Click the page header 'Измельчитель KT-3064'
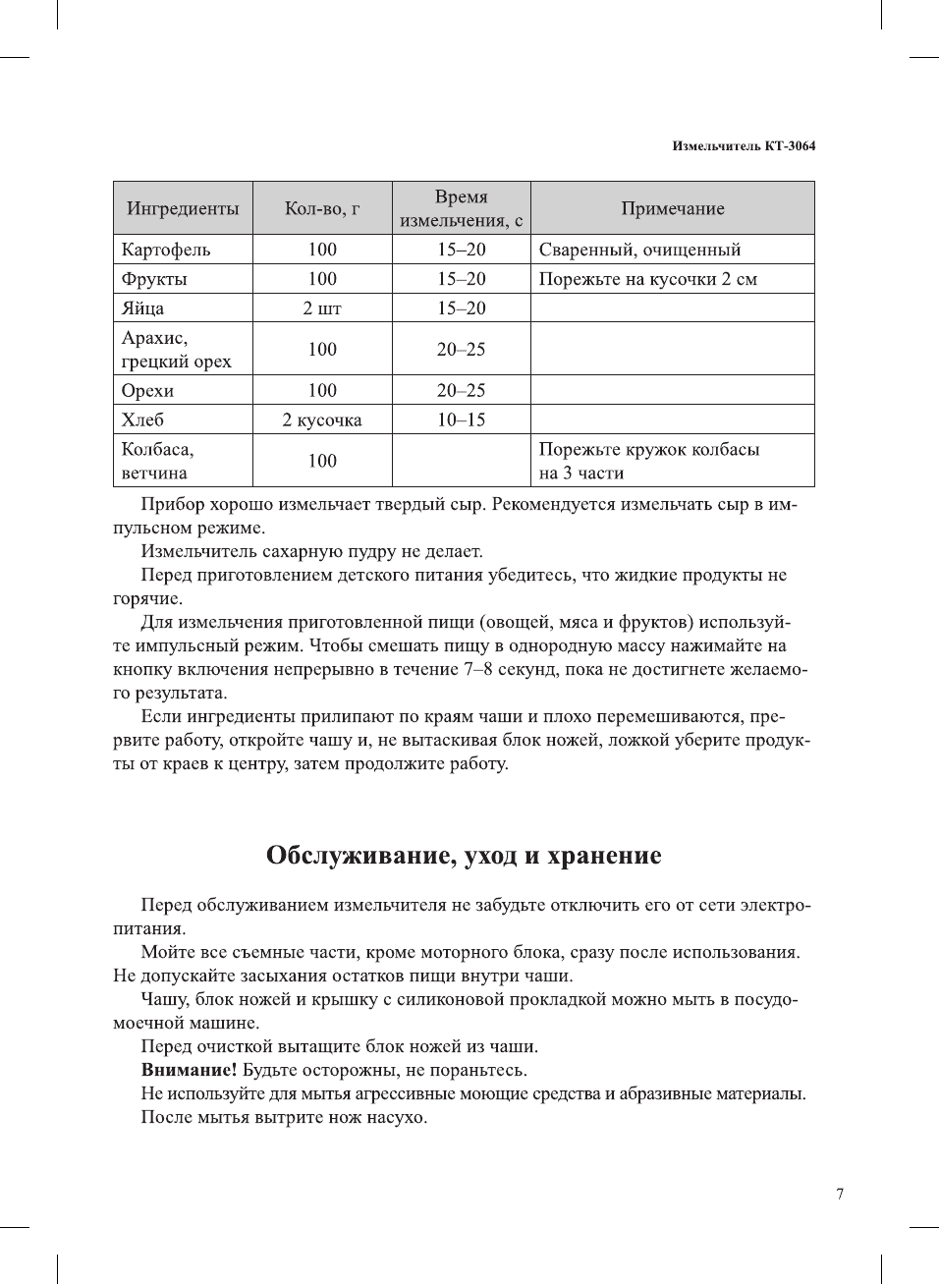744,146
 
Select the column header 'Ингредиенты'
183,208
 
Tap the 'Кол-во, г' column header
322,208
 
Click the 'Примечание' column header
673,208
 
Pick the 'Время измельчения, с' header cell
461,208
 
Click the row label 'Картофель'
166,250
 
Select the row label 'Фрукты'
154,279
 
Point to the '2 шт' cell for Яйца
322,308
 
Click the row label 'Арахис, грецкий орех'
177,350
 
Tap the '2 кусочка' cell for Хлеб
322,420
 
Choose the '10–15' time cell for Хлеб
461,420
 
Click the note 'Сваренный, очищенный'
639,250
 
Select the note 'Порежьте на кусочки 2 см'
647,279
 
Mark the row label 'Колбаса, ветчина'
158,461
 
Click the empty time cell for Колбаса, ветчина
461,461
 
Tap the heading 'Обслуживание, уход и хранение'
464,856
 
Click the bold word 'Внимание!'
189,1070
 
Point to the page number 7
840,1195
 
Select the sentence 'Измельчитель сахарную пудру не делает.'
311,551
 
